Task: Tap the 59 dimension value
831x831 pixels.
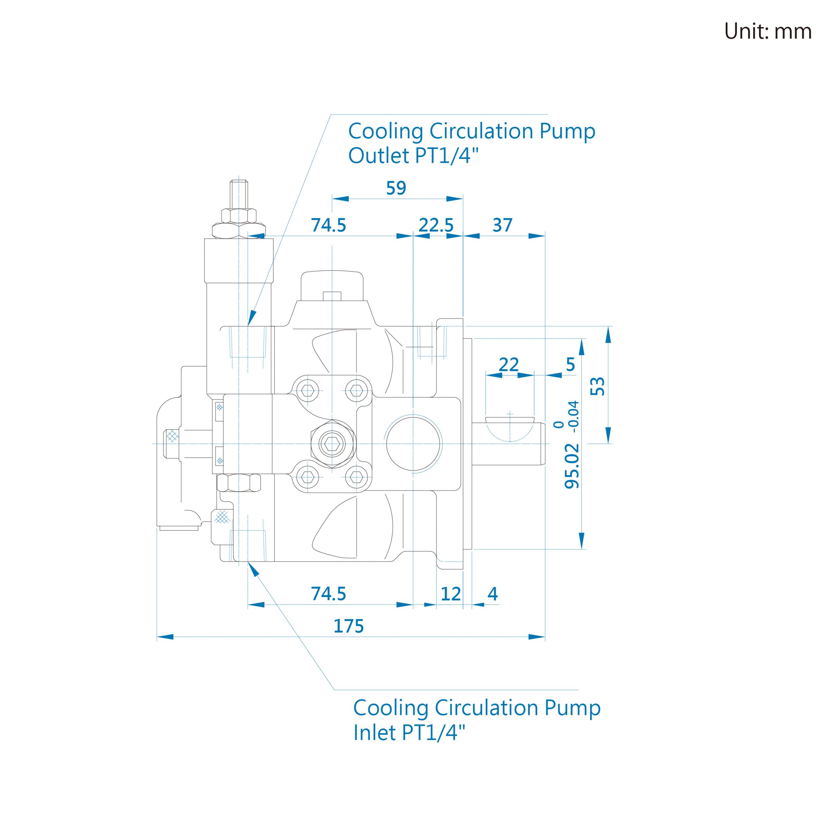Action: (396, 188)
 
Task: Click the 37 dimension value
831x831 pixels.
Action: (502, 225)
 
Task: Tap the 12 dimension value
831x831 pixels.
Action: (450, 594)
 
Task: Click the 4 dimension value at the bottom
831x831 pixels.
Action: (492, 594)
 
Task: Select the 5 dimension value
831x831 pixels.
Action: (570, 364)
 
